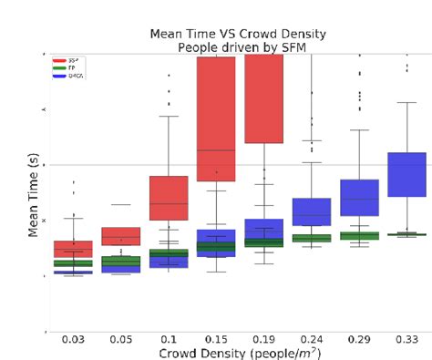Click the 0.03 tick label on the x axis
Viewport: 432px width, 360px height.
[73, 339]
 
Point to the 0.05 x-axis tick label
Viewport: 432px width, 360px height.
[120, 339]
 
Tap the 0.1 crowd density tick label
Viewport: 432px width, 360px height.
[169, 339]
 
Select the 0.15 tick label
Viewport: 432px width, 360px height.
[216, 339]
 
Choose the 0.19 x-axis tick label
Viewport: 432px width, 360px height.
[263, 339]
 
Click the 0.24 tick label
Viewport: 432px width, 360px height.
[312, 339]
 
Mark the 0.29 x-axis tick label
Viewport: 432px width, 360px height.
[359, 339]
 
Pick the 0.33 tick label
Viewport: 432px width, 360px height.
[406, 339]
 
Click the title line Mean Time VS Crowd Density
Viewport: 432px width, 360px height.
[240, 33]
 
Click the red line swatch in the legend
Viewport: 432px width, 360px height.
[59, 59]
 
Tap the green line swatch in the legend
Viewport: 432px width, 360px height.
[59, 67]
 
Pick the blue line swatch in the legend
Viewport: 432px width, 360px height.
[59, 76]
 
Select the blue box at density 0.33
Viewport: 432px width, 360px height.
[406, 174]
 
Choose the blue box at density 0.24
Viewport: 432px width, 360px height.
[312, 211]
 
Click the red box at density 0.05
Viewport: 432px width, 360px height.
[120, 236]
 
